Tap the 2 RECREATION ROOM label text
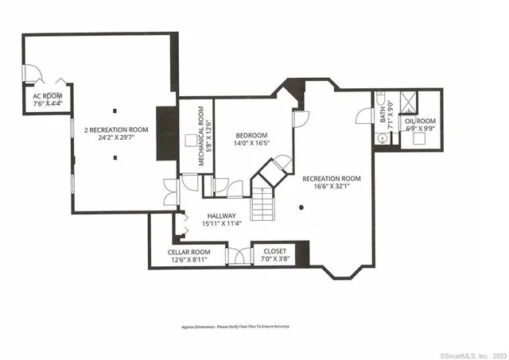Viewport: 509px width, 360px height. pos(117,130)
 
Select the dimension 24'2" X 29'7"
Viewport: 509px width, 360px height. pos(117,137)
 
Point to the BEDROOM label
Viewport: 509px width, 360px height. pos(251,135)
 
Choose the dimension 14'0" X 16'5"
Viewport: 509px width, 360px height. pos(251,144)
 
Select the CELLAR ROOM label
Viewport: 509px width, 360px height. pos(188,252)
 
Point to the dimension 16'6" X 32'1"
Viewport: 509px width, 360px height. pos(331,188)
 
